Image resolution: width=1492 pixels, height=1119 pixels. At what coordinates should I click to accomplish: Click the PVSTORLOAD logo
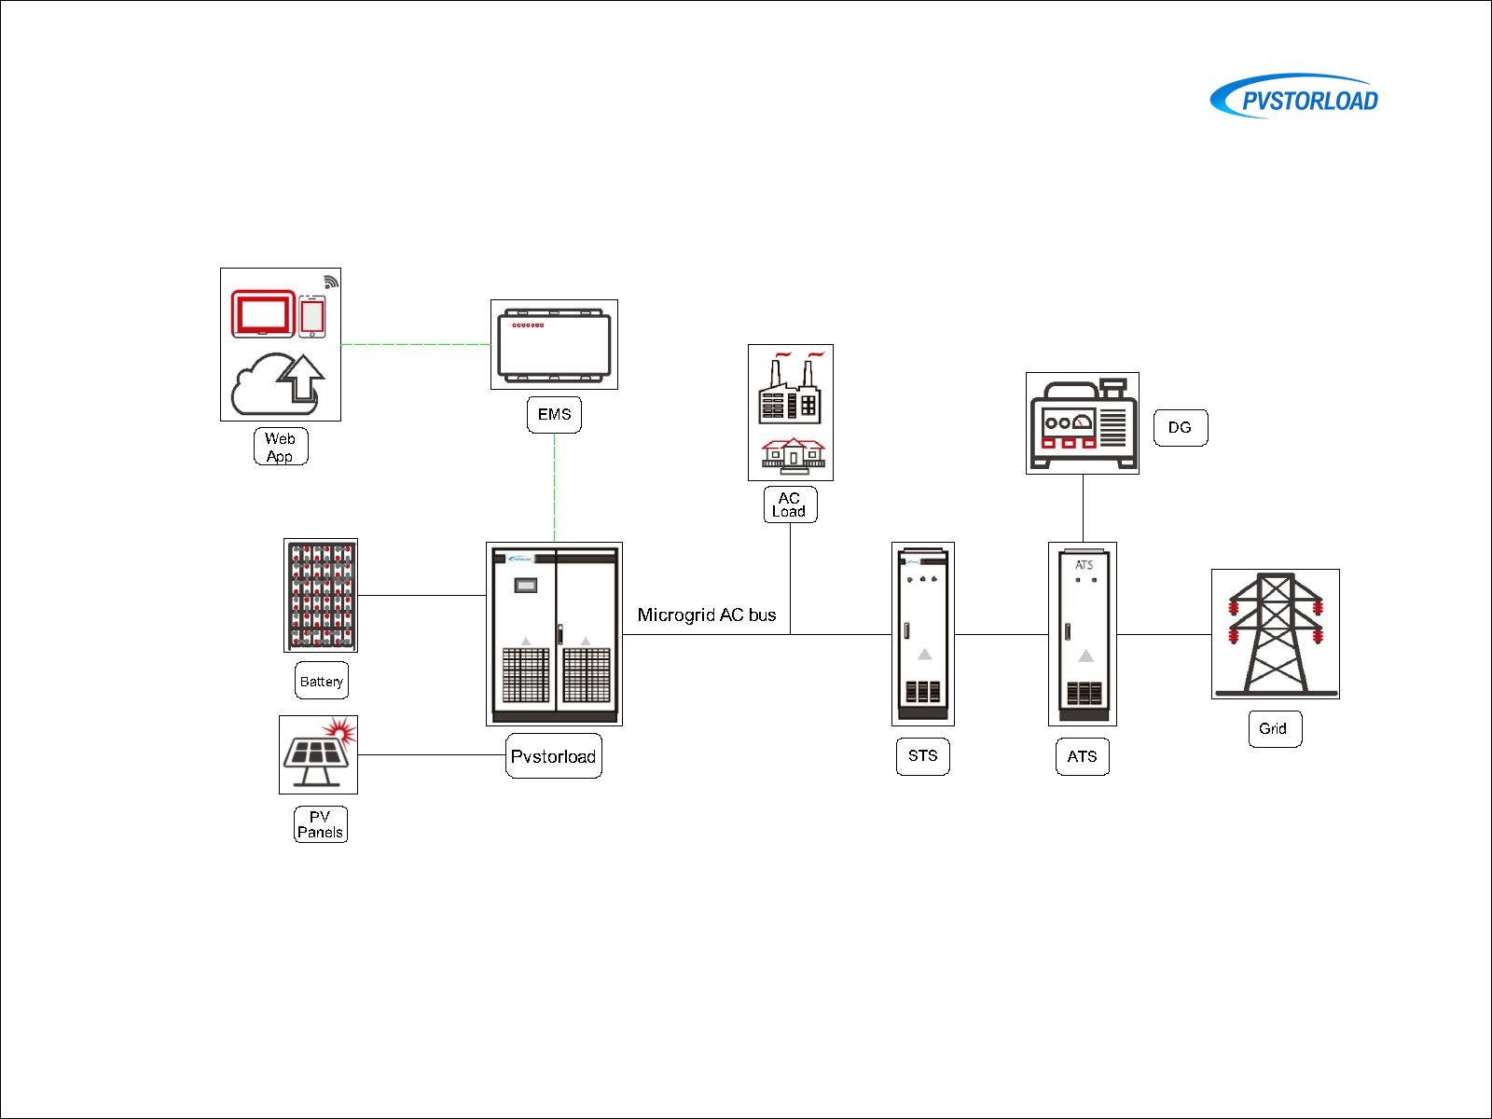coord(1296,98)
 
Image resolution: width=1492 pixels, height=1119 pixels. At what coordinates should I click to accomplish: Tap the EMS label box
coord(554,415)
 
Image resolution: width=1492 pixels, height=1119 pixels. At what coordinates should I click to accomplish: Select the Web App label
coord(281,447)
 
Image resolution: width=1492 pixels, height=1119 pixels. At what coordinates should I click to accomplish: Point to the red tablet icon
coord(263,314)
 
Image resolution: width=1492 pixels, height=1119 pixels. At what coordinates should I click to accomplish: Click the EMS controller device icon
coord(554,344)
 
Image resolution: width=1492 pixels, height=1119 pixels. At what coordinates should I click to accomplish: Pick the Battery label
coord(322,681)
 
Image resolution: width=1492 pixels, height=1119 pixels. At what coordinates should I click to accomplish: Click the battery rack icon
coord(321,595)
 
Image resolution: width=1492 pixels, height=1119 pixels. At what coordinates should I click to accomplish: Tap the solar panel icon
coord(318,754)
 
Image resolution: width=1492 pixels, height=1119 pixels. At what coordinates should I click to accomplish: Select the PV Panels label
coord(320,824)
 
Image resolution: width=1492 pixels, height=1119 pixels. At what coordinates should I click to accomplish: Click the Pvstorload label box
coord(554,756)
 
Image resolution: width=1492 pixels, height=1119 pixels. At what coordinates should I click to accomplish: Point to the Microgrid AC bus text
coord(707,615)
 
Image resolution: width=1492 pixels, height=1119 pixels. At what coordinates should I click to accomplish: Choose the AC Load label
coord(790,504)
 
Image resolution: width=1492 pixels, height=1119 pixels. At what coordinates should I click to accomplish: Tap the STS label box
coord(922,756)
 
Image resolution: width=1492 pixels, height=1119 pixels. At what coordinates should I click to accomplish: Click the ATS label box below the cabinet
coord(1082,756)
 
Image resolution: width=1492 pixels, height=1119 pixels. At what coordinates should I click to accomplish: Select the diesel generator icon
coord(1082,423)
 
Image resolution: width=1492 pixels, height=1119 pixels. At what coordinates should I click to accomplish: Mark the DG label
coord(1181,428)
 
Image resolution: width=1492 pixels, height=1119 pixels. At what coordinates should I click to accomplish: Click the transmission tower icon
coord(1275,634)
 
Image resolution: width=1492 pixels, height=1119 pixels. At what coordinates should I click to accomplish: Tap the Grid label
coord(1274,728)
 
